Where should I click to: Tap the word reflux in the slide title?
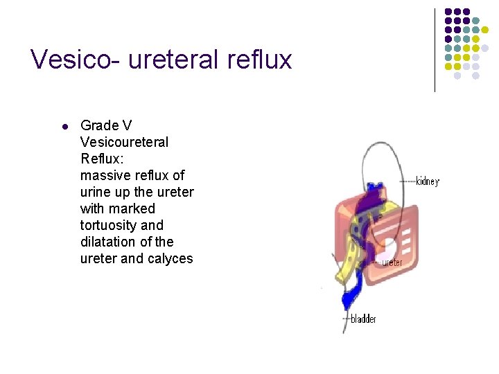coord(259,60)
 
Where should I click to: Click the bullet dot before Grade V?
coord(64,127)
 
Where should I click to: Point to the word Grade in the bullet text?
coord(99,125)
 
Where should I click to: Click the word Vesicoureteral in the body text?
coord(124,142)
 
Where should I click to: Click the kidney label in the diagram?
coord(427,181)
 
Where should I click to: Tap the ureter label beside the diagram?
coord(392,263)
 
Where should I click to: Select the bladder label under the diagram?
coord(363,319)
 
